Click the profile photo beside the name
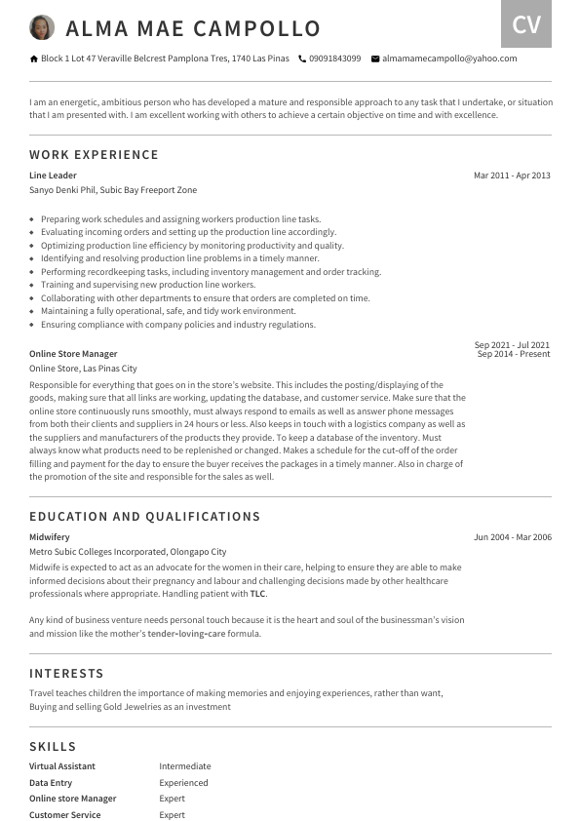tap(42, 27)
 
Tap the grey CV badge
tap(525, 24)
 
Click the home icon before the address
tap(34, 59)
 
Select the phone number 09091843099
tap(334, 59)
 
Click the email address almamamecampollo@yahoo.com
tap(449, 59)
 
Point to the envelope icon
tap(375, 59)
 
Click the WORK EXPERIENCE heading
tap(94, 155)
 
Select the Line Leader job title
tap(53, 176)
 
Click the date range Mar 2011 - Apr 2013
tap(512, 176)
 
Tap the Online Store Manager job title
tap(73, 354)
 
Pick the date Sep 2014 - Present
tap(514, 354)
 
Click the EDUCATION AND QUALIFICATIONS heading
tap(144, 517)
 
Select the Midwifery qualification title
tap(50, 537)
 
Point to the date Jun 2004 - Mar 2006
tap(512, 537)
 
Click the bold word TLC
tap(257, 594)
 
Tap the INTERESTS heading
tap(66, 674)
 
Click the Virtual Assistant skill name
tap(62, 766)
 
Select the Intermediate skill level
tap(185, 766)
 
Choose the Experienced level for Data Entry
tap(183, 783)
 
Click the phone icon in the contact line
tap(302, 59)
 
